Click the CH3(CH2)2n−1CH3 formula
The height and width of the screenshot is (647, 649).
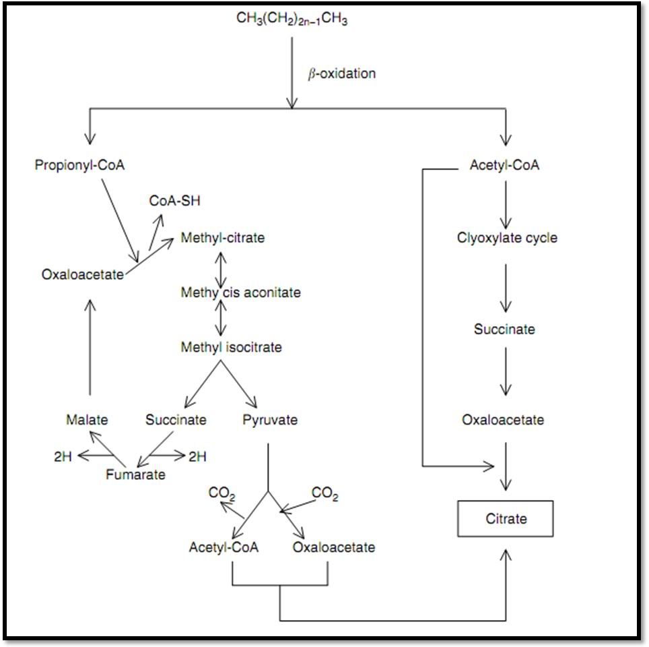pyautogui.click(x=292, y=19)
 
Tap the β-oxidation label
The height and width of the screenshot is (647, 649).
pyautogui.click(x=341, y=73)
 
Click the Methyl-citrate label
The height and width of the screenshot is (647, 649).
pyautogui.click(x=222, y=238)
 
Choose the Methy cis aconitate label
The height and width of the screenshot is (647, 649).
pyautogui.click(x=240, y=292)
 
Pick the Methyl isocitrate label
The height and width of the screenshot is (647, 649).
pyautogui.click(x=231, y=348)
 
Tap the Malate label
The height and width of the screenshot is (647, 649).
pyautogui.click(x=87, y=420)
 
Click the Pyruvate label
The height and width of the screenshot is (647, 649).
pyautogui.click(x=270, y=420)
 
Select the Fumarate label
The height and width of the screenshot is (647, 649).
pyautogui.click(x=135, y=474)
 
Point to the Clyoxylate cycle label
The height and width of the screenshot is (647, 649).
pyautogui.click(x=507, y=238)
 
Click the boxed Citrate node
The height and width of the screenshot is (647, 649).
pyautogui.click(x=506, y=519)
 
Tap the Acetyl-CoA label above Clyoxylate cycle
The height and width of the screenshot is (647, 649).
pyautogui.click(x=504, y=165)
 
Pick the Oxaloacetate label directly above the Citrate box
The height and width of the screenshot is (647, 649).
pyautogui.click(x=503, y=420)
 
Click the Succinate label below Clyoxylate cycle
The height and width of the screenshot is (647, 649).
pyautogui.click(x=504, y=330)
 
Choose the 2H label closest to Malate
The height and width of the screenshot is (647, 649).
pyautogui.click(x=63, y=456)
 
